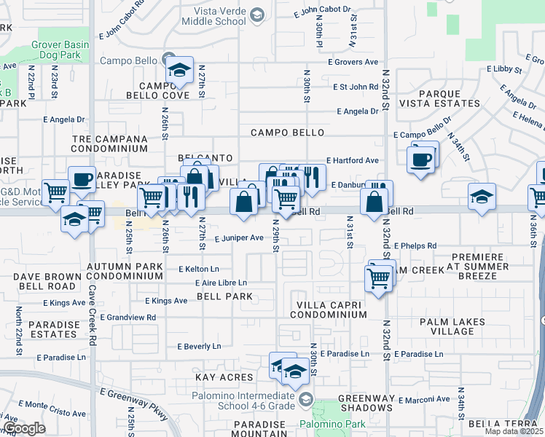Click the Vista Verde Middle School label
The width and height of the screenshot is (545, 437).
click(x=219, y=16)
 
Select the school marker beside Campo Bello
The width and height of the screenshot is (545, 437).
click(x=179, y=71)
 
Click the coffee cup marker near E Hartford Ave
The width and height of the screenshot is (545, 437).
click(x=422, y=160)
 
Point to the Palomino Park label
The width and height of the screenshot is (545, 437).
click(x=324, y=423)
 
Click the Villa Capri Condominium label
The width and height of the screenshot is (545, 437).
click(x=328, y=309)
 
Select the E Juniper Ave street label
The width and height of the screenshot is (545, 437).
click(x=238, y=237)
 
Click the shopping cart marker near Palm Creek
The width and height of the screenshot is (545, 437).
click(x=378, y=277)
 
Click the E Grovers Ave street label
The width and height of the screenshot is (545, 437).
click(x=353, y=62)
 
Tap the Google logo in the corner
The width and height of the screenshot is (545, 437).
click(x=24, y=428)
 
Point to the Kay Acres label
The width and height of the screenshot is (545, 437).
click(x=224, y=377)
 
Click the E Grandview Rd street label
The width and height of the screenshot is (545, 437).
click(x=128, y=317)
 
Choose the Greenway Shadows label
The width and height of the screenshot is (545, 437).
click(x=366, y=403)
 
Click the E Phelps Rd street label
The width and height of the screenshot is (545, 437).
click(x=412, y=246)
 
